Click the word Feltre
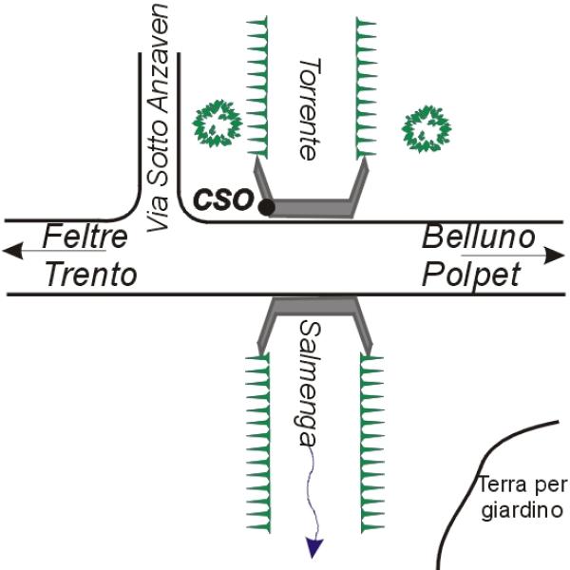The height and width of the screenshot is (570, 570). click(x=86, y=237)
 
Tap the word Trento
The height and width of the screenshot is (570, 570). click(x=91, y=275)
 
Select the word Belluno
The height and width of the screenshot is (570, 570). click(x=479, y=237)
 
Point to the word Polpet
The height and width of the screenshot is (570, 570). click(x=472, y=275)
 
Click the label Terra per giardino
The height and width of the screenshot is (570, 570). click(x=522, y=499)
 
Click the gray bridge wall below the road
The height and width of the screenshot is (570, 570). click(x=313, y=306)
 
